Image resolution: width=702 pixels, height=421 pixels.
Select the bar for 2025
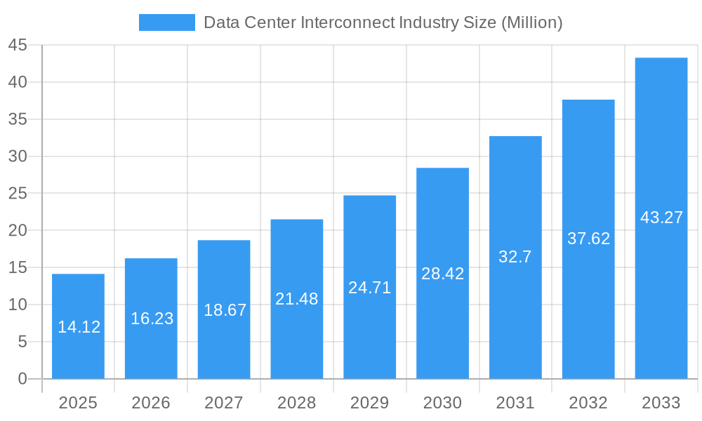(x=78, y=351)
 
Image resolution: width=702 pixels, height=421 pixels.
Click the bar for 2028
(x=297, y=337)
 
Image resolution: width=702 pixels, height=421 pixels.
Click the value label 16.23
(x=152, y=319)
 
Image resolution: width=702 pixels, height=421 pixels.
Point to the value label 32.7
(x=515, y=257)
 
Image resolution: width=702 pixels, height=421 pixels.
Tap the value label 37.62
(x=588, y=239)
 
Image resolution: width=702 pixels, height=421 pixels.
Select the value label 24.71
(x=369, y=288)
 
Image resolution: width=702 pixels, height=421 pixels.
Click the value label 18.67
(x=225, y=310)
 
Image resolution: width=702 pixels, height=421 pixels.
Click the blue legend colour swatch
(x=167, y=22)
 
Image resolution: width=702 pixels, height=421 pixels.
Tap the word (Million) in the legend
(x=531, y=22)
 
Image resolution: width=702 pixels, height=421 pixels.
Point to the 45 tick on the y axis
(x=18, y=46)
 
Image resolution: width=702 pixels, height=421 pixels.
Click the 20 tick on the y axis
(x=18, y=231)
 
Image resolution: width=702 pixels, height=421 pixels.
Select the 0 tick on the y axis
(x=22, y=379)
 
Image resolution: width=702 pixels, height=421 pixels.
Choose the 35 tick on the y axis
(x=18, y=120)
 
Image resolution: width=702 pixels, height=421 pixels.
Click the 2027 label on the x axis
(x=224, y=403)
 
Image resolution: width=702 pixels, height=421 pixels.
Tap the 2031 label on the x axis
(x=515, y=403)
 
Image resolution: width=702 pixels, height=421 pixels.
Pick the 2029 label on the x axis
(x=369, y=403)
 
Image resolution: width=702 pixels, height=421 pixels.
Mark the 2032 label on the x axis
(x=588, y=403)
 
